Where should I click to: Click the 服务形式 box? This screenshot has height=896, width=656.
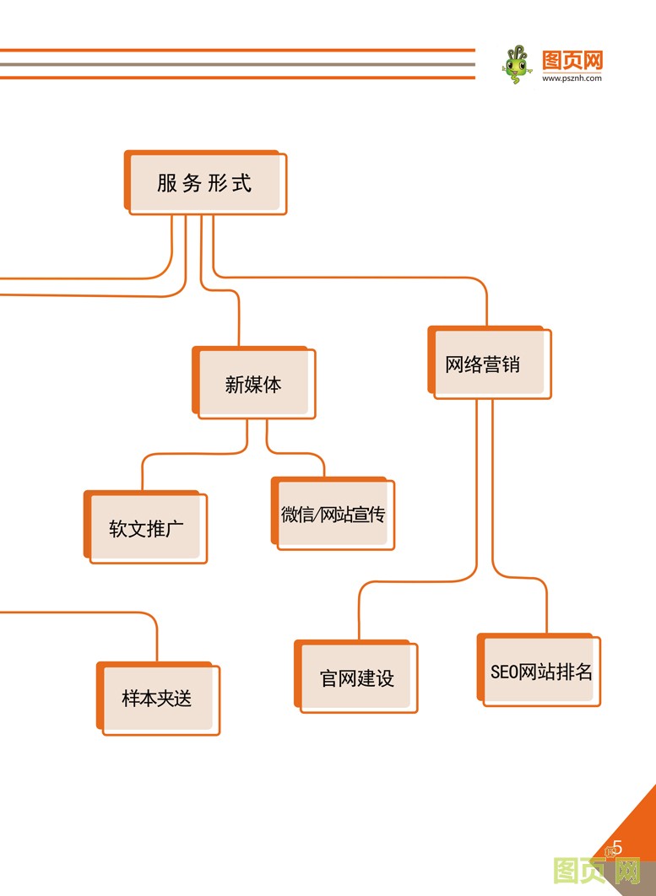(205, 183)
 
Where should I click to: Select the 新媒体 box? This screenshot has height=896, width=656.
(253, 385)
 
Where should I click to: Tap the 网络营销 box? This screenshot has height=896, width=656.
(489, 364)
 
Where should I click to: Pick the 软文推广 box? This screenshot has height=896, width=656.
(146, 529)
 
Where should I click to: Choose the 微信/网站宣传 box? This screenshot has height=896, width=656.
(333, 515)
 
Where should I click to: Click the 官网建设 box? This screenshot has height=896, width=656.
(356, 677)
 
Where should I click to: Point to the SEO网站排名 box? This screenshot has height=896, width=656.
(540, 672)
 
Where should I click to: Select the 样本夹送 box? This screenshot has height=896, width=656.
(158, 699)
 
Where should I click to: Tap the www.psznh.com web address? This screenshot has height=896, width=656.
(572, 78)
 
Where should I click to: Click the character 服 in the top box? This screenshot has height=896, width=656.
(167, 183)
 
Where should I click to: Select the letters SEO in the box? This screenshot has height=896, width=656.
(503, 672)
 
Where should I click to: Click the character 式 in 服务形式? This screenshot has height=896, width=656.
(241, 183)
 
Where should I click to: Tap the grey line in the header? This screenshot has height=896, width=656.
(236, 64)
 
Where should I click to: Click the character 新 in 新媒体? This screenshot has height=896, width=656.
(234, 386)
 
